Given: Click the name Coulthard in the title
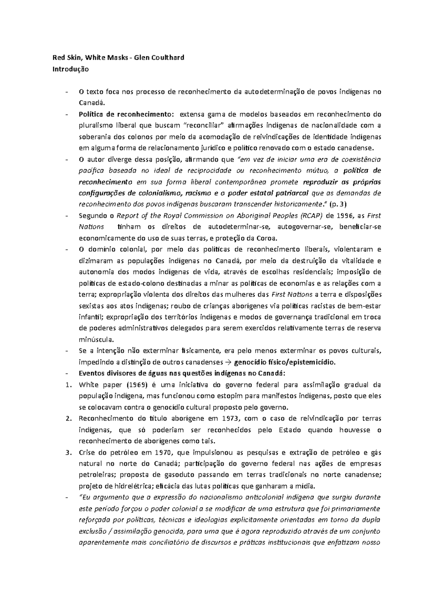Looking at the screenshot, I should [168, 57].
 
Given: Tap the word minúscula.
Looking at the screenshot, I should [97, 340].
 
